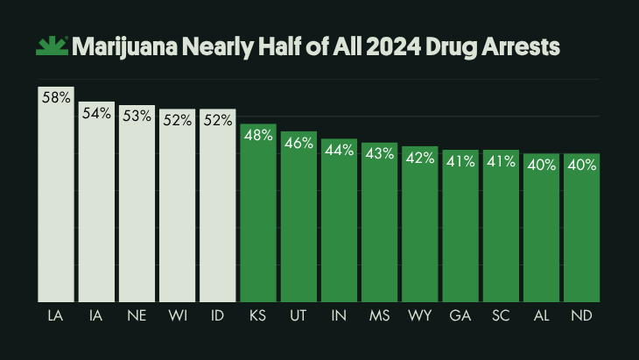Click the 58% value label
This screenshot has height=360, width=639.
55,98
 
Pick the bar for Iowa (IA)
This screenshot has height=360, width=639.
95,206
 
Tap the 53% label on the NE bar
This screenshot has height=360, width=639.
137,116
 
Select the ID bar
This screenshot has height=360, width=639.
217,210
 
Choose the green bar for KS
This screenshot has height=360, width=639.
258,219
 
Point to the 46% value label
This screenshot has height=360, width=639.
298,143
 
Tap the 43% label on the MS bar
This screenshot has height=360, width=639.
380,152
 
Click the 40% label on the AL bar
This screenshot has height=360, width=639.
541,164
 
